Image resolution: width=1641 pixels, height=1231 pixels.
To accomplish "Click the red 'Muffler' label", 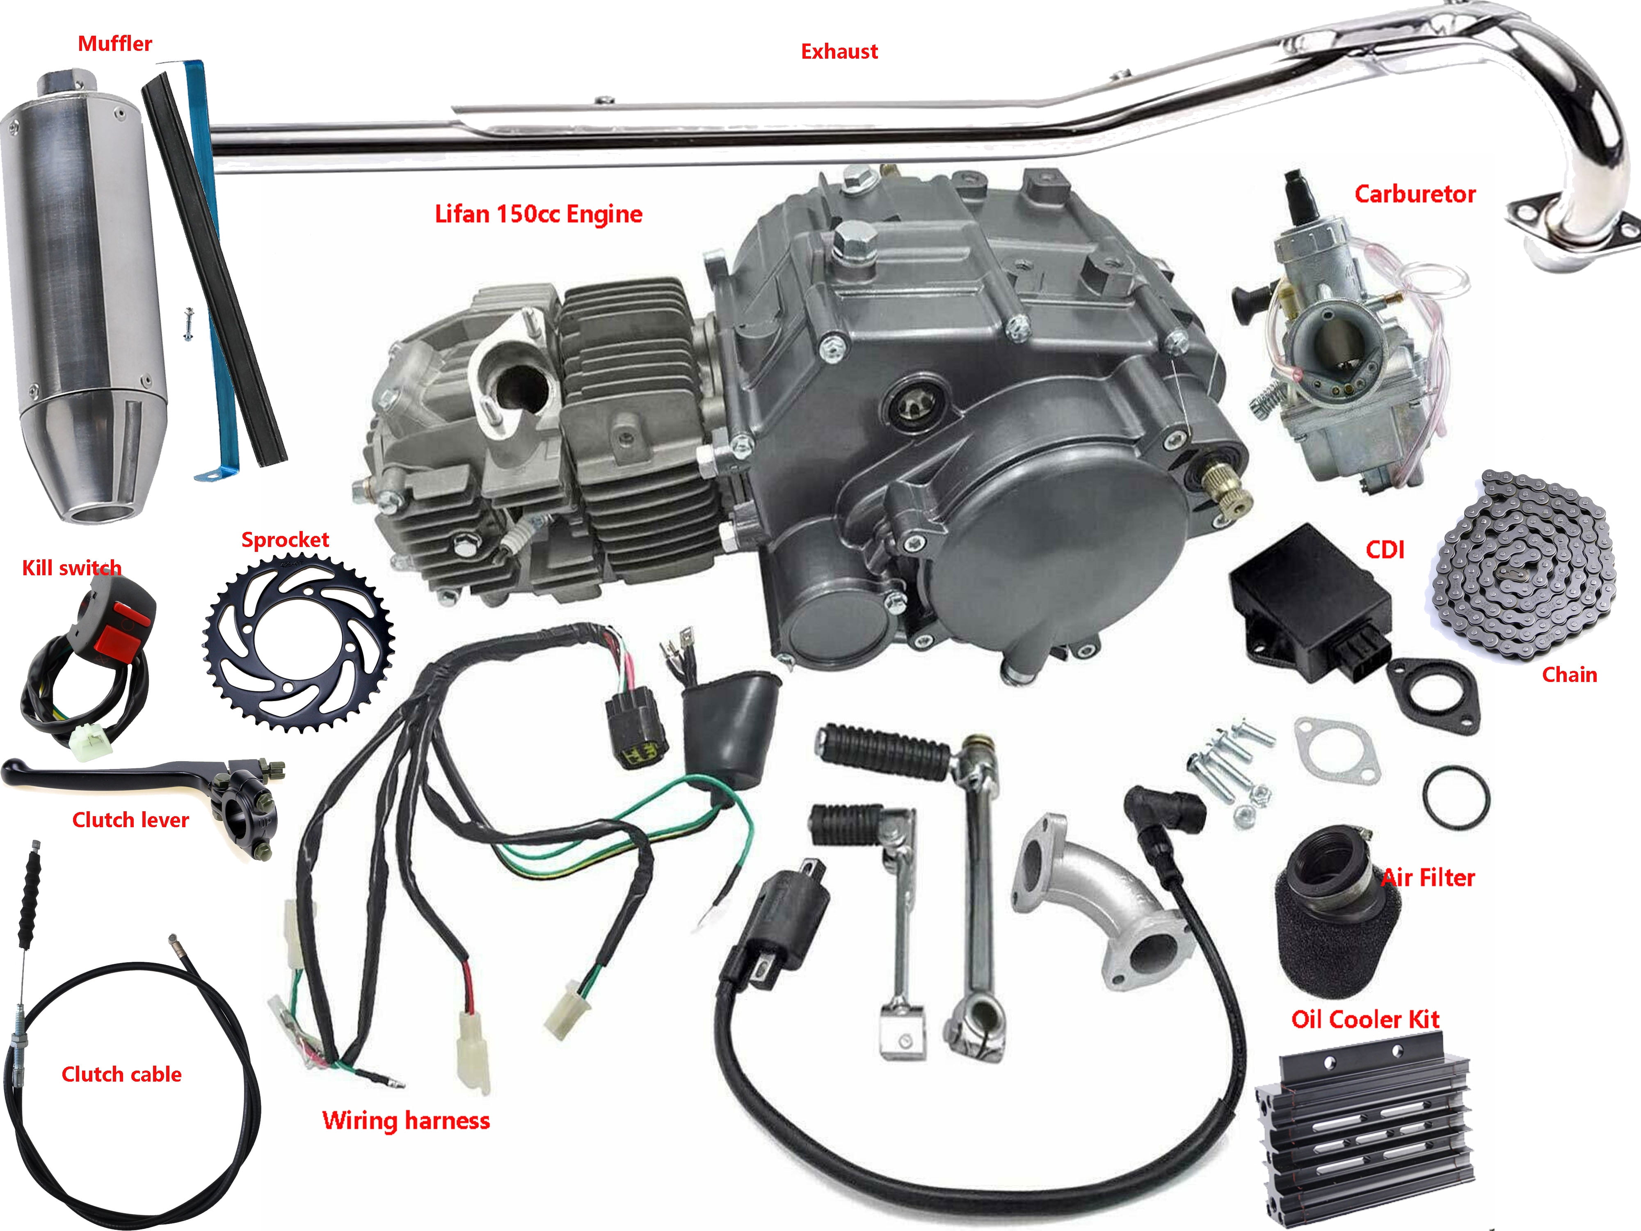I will pyautogui.click(x=115, y=44).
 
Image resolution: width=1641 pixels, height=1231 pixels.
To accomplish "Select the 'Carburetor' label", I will pyautogui.click(x=1414, y=194).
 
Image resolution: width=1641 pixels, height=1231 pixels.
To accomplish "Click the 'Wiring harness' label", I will pyautogui.click(x=406, y=1121).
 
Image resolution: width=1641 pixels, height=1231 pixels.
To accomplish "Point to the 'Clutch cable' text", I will pyautogui.click(x=121, y=1074).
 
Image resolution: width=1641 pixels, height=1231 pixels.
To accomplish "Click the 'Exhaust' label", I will pyautogui.click(x=839, y=52).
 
